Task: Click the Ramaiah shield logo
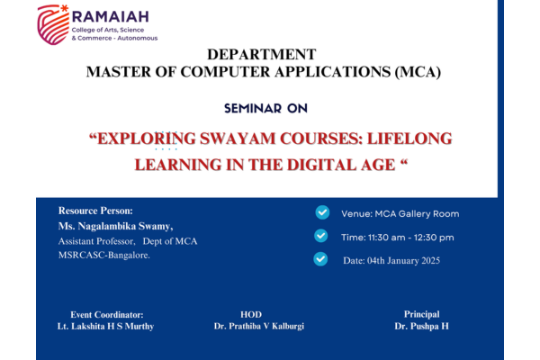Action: tap(53, 25)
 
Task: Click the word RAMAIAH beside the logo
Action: tap(110, 16)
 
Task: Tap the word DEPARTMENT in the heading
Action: tap(261, 54)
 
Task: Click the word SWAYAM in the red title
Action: tap(238, 139)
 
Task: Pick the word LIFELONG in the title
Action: tap(409, 139)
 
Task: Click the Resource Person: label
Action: tap(95, 211)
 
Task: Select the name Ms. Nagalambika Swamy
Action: tap(115, 226)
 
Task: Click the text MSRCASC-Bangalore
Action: tap(104, 255)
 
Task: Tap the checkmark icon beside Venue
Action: tap(322, 212)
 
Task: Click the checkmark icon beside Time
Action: tap(321, 236)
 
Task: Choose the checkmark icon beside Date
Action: tap(320, 259)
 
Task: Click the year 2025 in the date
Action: tap(431, 260)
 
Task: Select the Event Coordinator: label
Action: tap(107, 314)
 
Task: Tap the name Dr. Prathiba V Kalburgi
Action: tap(259, 326)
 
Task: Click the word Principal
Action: tap(421, 314)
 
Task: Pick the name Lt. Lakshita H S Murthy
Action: tap(105, 326)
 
